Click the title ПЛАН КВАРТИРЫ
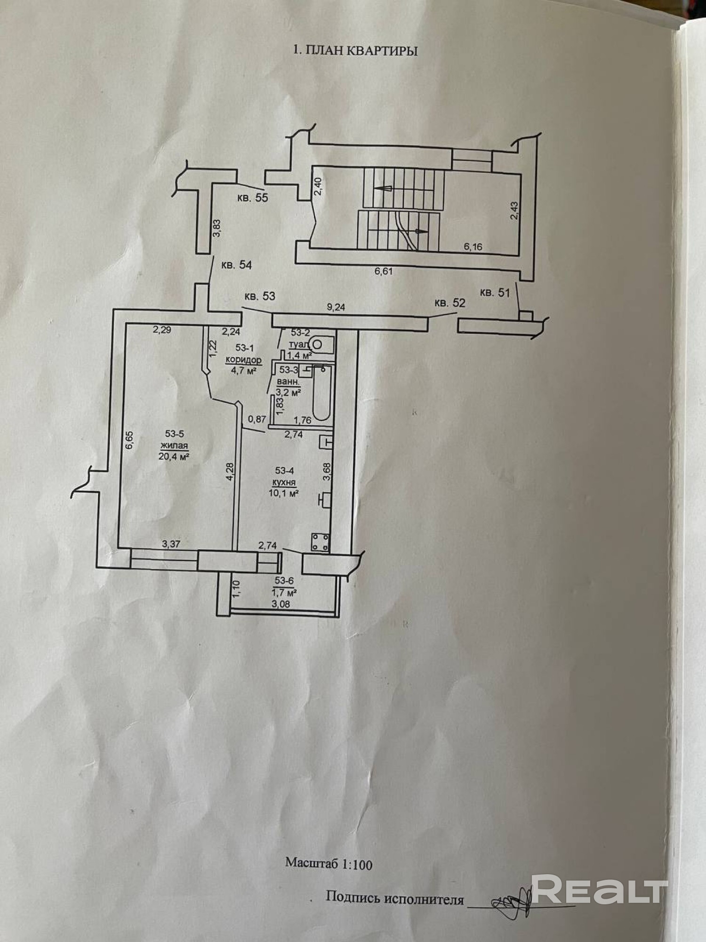click(x=355, y=51)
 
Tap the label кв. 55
click(x=252, y=198)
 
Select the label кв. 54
click(x=236, y=265)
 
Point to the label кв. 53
click(x=259, y=296)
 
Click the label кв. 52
click(x=449, y=303)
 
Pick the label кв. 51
click(x=495, y=292)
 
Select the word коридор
click(x=243, y=360)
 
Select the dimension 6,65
click(x=130, y=442)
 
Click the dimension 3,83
click(x=217, y=228)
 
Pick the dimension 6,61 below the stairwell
click(x=383, y=271)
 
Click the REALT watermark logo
click(x=600, y=887)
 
